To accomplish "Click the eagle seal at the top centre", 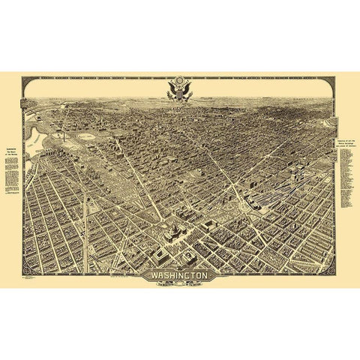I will point(179,88).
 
